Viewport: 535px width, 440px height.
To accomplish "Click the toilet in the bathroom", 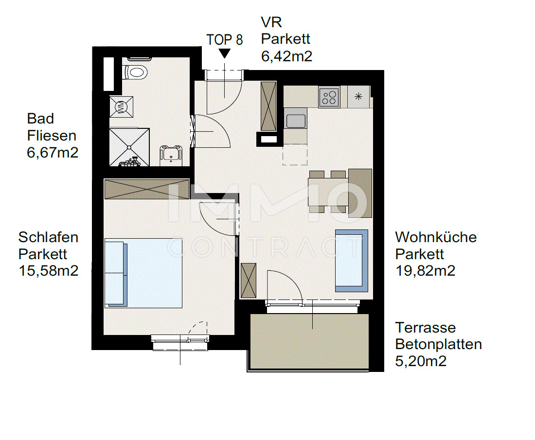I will coord(136,72).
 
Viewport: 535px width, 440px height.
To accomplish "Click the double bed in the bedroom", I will coord(143,272).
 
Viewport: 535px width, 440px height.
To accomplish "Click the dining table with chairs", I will coord(334,193).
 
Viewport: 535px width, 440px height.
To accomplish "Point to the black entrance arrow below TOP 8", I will coord(224,53).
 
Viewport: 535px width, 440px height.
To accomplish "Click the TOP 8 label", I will coord(224,39).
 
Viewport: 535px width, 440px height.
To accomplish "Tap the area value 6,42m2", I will coord(286,56).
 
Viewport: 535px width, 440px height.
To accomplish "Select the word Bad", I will coord(40,119).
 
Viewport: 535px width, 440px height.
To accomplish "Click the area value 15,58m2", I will coord(48,270).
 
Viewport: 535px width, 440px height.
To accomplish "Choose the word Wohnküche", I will coord(436,238).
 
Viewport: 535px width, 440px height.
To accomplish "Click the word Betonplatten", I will coord(438,344).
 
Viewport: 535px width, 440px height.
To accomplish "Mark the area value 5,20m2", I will coord(421,361).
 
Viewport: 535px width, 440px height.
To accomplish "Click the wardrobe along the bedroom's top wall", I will coord(146,189).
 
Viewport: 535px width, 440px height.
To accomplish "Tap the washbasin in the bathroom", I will coord(170,155).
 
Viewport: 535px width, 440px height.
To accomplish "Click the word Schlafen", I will coord(48,238).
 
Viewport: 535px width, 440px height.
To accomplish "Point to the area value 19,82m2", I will coord(425,270).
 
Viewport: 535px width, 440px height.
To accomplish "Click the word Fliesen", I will coord(52,136).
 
